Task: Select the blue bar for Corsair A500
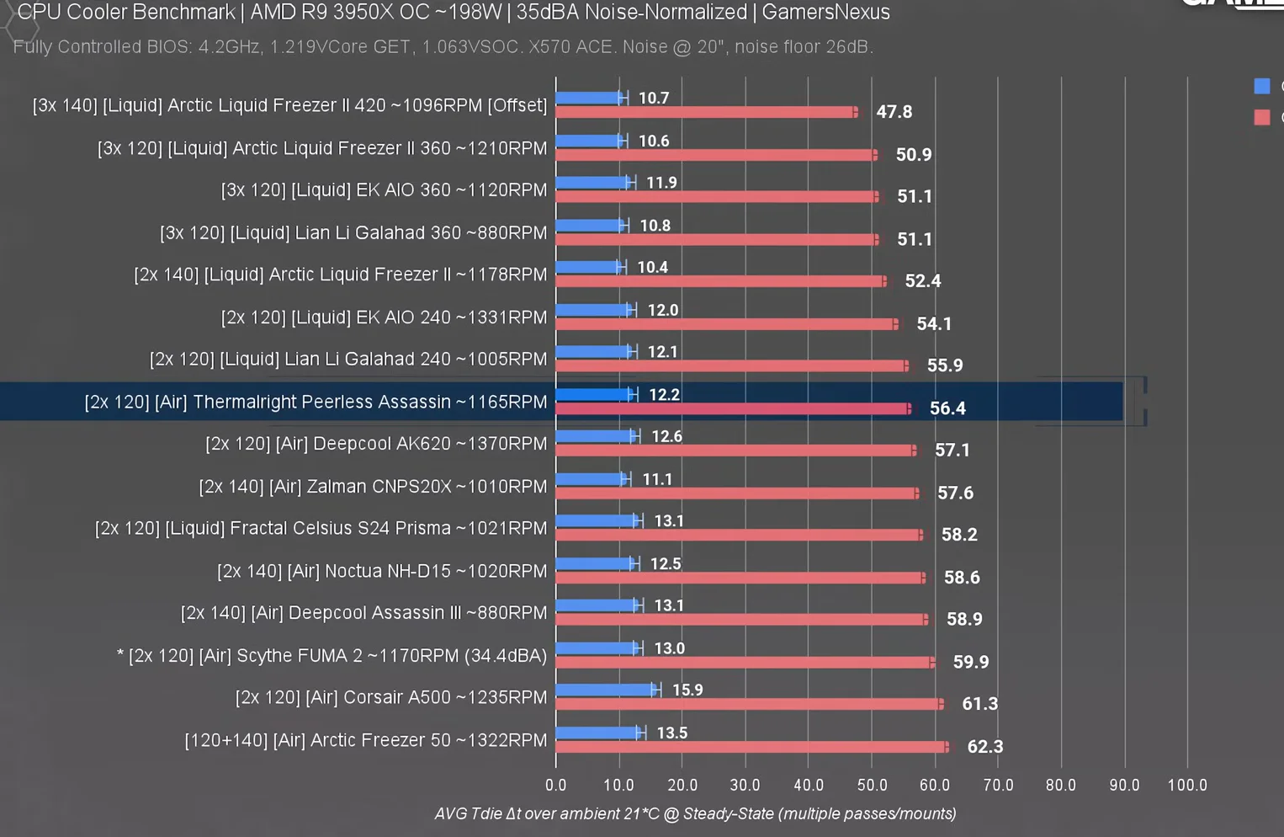[x=604, y=690]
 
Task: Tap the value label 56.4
[x=947, y=408]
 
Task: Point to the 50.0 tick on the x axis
[x=872, y=785]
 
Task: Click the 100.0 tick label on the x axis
[x=1186, y=785]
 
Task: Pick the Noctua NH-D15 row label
[x=382, y=571]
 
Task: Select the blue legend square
[x=1261, y=86]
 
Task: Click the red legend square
[x=1261, y=117]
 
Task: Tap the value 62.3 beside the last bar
[x=984, y=747]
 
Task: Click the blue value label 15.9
[x=687, y=690]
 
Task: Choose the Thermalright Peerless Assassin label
[x=316, y=402]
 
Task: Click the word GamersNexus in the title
[x=825, y=13]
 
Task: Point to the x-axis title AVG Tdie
[x=695, y=813]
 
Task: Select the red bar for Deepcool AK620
[x=735, y=450]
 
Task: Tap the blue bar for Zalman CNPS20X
[x=590, y=478]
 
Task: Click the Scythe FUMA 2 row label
[x=332, y=655]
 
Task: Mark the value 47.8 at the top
[x=894, y=112]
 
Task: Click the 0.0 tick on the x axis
[x=555, y=785]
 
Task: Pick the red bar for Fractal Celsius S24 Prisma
[x=738, y=535]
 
